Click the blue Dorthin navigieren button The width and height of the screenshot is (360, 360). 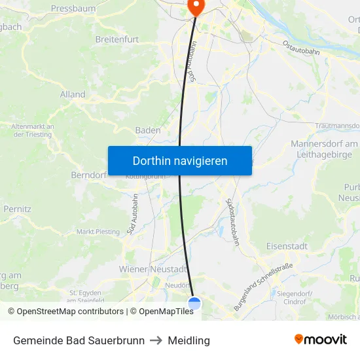[179, 160]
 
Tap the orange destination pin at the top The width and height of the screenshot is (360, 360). [195, 6]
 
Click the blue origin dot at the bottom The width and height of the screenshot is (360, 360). [194, 302]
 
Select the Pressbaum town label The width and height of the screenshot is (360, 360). [73, 9]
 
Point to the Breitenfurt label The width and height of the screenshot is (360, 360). [117, 39]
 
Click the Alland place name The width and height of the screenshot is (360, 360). [73, 94]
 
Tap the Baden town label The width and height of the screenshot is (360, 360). [148, 130]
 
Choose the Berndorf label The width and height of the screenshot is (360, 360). [88, 175]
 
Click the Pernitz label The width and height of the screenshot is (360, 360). [17, 209]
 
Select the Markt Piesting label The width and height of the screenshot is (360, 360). [98, 232]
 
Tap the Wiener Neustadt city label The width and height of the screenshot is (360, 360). [153, 269]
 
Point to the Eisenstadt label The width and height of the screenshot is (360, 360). [287, 246]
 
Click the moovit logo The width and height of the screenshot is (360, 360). [320, 339]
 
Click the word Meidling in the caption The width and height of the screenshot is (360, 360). [189, 340]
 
